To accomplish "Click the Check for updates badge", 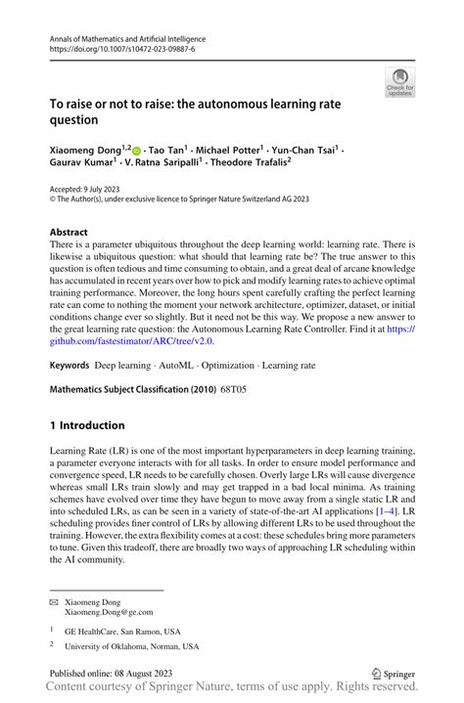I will pyautogui.click(x=398, y=82).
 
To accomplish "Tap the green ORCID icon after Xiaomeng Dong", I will pyautogui.click(x=136, y=152).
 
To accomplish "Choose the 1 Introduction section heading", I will pyautogui.click(x=87, y=425).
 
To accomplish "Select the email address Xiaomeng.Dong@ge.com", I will pyautogui.click(x=111, y=615).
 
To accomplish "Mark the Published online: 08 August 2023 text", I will pyautogui.click(x=120, y=674).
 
